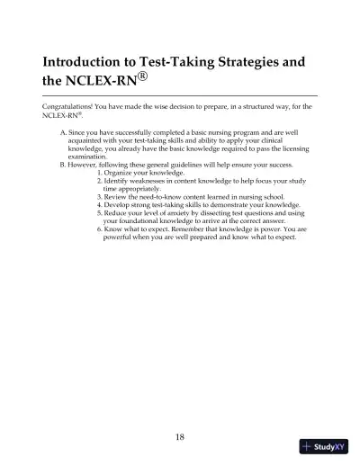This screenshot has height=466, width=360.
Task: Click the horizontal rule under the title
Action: [x=180, y=94]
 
